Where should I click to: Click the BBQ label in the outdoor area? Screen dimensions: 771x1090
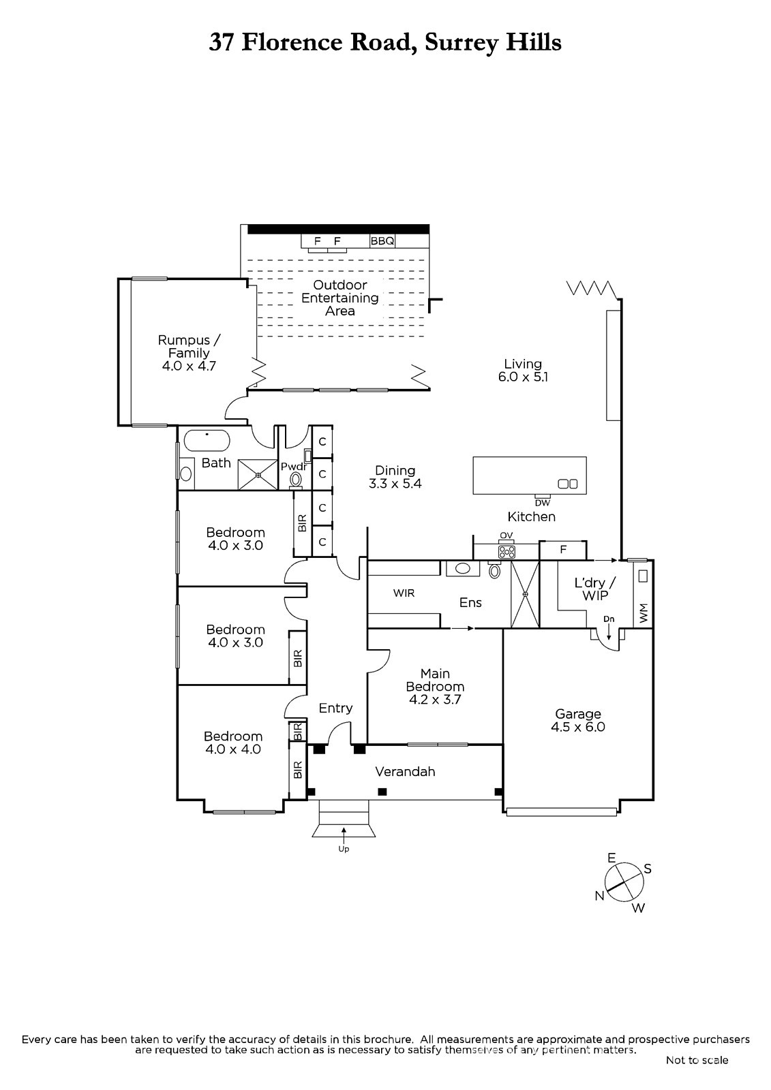382,241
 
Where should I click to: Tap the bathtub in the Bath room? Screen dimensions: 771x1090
207,441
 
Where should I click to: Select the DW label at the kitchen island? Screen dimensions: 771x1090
543,503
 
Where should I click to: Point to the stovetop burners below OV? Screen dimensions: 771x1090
507,552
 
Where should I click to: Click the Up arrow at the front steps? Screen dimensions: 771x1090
344,835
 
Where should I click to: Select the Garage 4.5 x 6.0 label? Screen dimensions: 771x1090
578,720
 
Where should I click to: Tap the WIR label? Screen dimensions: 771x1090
404,593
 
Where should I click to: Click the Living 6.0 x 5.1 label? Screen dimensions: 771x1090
523,371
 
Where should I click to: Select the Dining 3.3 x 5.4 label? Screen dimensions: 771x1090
395,477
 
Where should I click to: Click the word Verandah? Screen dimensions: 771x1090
405,772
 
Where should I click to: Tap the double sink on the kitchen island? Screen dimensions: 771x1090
567,484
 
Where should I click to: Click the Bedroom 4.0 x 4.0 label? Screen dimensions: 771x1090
233,743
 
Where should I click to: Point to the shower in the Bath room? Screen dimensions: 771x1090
258,474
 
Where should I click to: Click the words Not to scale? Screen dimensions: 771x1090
697,1060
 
